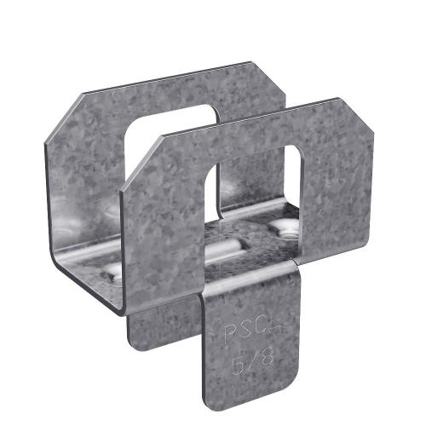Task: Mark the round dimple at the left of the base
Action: tap(111, 271)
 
